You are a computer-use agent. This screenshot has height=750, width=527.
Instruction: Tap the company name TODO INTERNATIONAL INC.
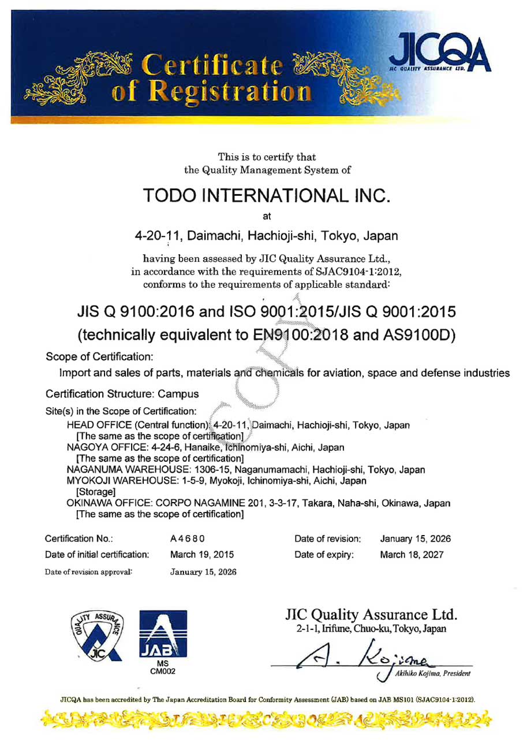pyautogui.click(x=263, y=196)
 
